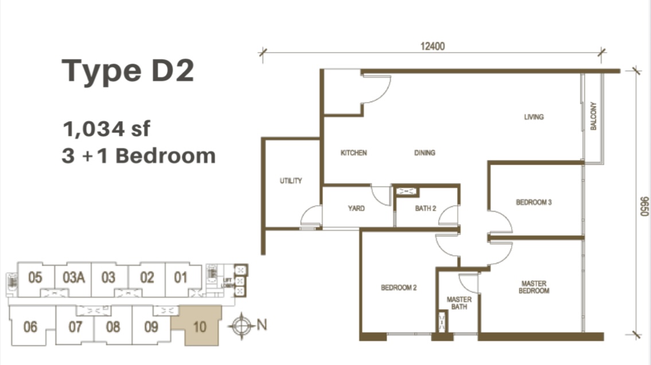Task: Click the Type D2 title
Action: [x=128, y=71]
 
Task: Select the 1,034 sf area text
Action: [x=106, y=129]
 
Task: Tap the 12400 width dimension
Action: [x=432, y=46]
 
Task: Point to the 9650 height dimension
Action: [x=644, y=207]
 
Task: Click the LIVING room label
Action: [x=533, y=117]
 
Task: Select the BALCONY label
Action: [x=593, y=116]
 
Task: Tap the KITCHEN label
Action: [x=354, y=153]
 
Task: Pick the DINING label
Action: [x=425, y=153]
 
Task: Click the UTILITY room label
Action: [x=291, y=181]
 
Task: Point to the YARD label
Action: [x=356, y=208]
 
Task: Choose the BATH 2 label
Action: [x=426, y=208]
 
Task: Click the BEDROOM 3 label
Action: [x=533, y=202]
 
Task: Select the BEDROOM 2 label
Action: [x=399, y=288]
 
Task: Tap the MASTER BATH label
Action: [x=459, y=303]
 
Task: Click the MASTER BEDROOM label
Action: [x=534, y=287]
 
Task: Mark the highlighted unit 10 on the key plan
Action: [x=200, y=327]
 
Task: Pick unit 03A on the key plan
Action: [x=73, y=277]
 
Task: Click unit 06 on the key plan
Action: [x=30, y=327]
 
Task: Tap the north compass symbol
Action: [x=241, y=325]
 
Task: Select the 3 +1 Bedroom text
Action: [x=139, y=156]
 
